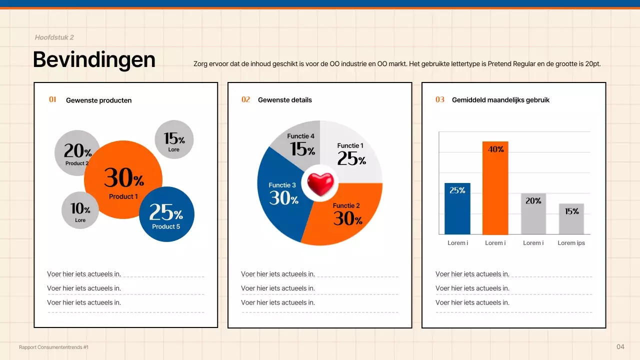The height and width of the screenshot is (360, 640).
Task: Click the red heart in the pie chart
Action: click(320, 183)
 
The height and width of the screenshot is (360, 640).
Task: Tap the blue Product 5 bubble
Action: click(166, 214)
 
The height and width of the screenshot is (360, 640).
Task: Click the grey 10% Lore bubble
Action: click(80, 210)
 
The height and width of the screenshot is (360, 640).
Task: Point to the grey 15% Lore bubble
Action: click(174, 139)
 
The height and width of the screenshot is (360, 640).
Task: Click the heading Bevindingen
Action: click(94, 59)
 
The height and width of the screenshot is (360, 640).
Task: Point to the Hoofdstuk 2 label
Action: click(54, 37)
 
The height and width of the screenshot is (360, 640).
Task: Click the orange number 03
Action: click(440, 100)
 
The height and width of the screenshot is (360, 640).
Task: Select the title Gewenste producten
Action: click(98, 100)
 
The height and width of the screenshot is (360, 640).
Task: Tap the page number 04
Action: click(620, 347)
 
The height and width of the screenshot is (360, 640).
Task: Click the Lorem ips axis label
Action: click(571, 243)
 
